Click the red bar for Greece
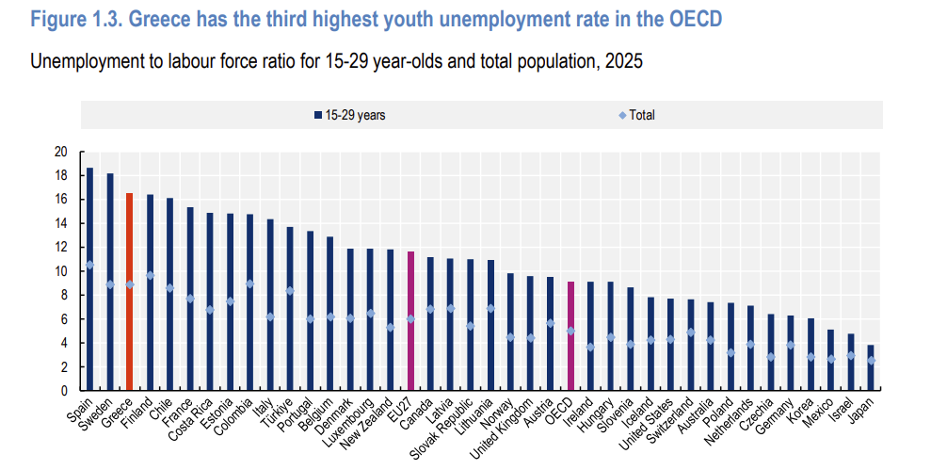(129, 292)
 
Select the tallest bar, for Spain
(89, 279)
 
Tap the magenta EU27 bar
(410, 321)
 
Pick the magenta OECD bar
(570, 336)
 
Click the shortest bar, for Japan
(871, 368)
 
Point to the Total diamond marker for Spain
(89, 265)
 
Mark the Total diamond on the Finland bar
(150, 275)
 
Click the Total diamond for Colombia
(250, 284)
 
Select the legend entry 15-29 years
(349, 116)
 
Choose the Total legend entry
(636, 116)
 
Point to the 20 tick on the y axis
(60, 152)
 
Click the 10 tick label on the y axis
(60, 271)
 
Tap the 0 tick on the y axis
(64, 391)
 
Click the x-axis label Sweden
(98, 411)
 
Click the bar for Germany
(791, 353)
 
